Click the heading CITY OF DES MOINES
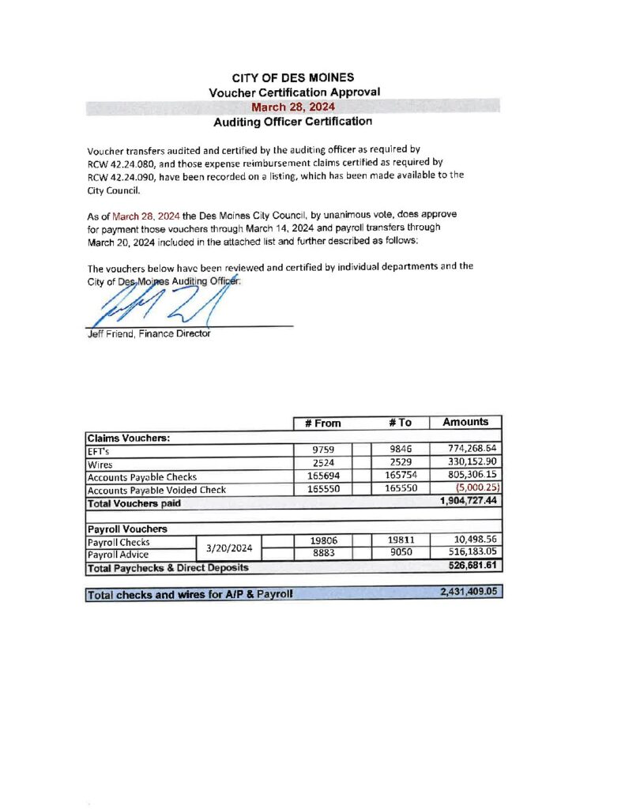[x=293, y=78]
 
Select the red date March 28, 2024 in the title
[x=293, y=107]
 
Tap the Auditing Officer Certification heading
[x=293, y=122]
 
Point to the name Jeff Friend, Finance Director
[x=149, y=333]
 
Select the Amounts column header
[x=466, y=422]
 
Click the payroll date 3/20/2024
[x=229, y=547]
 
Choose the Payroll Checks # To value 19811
[x=401, y=541]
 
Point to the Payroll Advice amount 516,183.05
[x=472, y=554]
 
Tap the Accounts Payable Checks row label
[x=141, y=476]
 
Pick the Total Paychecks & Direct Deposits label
[x=168, y=567]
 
